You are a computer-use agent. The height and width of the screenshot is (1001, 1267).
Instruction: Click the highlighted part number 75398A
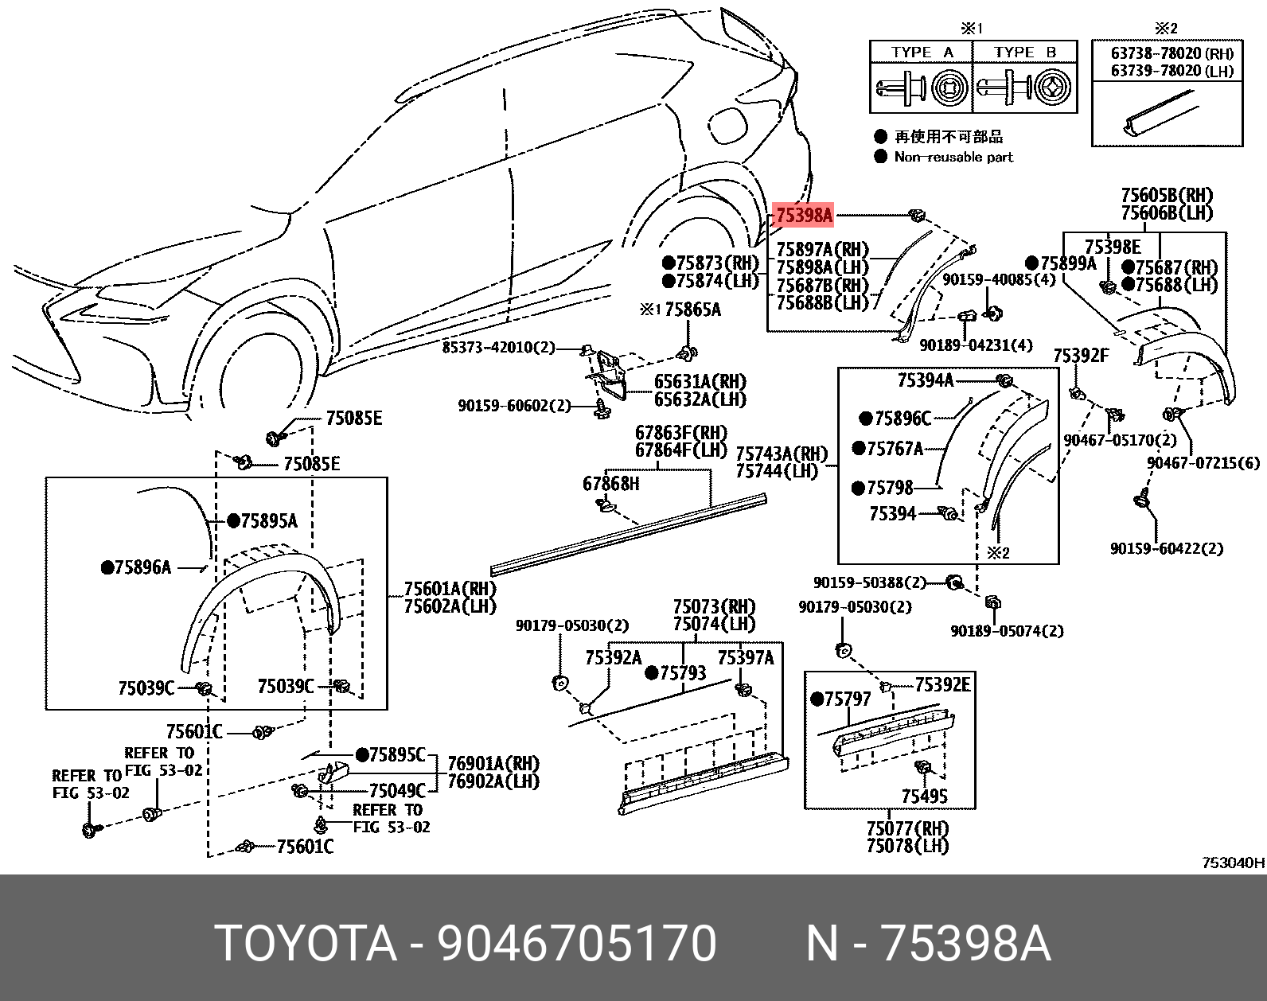click(x=804, y=215)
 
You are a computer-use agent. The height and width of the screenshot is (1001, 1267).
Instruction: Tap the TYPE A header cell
click(x=922, y=53)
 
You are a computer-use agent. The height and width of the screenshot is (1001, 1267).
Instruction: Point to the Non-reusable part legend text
click(x=953, y=157)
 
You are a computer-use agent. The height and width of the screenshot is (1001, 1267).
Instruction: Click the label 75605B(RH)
click(x=1167, y=195)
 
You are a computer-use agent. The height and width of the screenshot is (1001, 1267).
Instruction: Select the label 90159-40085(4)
click(x=1000, y=280)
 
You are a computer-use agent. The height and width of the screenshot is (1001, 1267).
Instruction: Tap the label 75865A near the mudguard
click(x=692, y=310)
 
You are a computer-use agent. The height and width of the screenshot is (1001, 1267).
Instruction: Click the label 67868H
click(x=610, y=483)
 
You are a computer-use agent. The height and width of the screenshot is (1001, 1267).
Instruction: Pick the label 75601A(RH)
click(x=450, y=589)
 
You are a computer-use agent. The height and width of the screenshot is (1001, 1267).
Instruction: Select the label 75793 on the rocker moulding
click(x=682, y=673)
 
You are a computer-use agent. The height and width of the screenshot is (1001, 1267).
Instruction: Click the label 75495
click(x=924, y=796)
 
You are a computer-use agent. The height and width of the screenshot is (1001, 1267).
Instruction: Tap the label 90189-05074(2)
click(x=1006, y=631)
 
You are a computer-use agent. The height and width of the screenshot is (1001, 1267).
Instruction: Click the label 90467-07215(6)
click(x=1203, y=463)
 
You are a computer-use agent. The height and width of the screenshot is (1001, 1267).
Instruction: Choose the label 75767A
click(x=895, y=450)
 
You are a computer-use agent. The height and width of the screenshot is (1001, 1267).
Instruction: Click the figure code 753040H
click(x=1233, y=863)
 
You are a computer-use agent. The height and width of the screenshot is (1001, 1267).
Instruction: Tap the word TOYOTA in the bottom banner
click(x=306, y=945)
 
